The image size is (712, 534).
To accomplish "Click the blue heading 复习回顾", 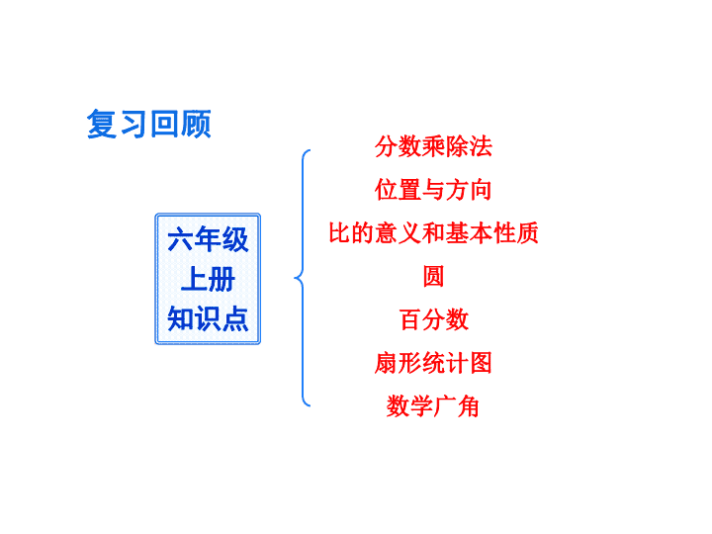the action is tap(149, 124).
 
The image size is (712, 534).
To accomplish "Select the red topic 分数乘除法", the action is tap(433, 146).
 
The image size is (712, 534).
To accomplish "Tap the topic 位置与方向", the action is tap(433, 189).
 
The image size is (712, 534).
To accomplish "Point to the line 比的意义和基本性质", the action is tap(433, 233).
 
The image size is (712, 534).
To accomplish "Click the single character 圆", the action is tap(433, 276).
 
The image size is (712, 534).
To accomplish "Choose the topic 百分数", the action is tap(434, 319).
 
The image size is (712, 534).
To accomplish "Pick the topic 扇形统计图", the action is tap(433, 363).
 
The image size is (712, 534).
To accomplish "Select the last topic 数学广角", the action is tap(433, 406).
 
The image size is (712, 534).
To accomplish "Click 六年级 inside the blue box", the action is tap(208, 239).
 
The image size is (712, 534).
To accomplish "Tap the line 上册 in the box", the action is tap(208, 279).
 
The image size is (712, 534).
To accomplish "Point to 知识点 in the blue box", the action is tap(208, 318).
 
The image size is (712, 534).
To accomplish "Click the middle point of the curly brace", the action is tap(296, 278).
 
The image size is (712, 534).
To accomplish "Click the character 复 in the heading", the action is tap(101, 124).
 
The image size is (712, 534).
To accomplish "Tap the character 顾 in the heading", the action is tap(196, 124).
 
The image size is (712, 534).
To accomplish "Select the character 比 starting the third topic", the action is tap(339, 233).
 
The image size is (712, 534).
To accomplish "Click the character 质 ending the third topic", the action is tap(528, 233).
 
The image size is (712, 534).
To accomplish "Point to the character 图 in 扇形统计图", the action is tap(482, 363).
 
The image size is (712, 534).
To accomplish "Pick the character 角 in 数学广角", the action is tap(469, 406).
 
